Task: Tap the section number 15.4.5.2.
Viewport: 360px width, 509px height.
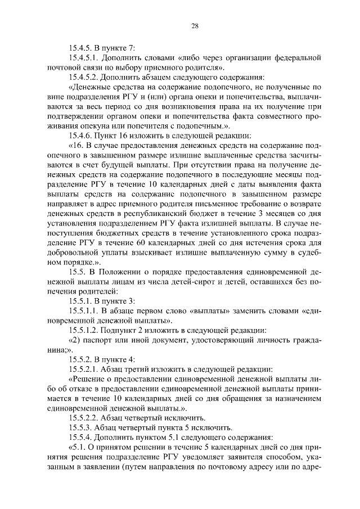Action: click(x=85, y=76)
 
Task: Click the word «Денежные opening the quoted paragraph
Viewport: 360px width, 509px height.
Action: click(x=91, y=87)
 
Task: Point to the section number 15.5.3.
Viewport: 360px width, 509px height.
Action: click(x=82, y=427)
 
